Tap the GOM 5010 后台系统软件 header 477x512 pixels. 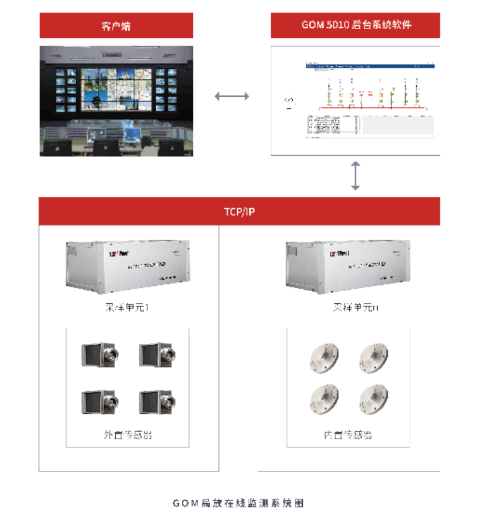[356, 26]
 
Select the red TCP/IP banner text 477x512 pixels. [239, 211]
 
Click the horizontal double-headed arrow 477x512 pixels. [232, 96]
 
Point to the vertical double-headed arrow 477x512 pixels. [356, 176]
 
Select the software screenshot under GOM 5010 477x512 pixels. [356, 101]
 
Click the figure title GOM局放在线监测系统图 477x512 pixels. [238, 503]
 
